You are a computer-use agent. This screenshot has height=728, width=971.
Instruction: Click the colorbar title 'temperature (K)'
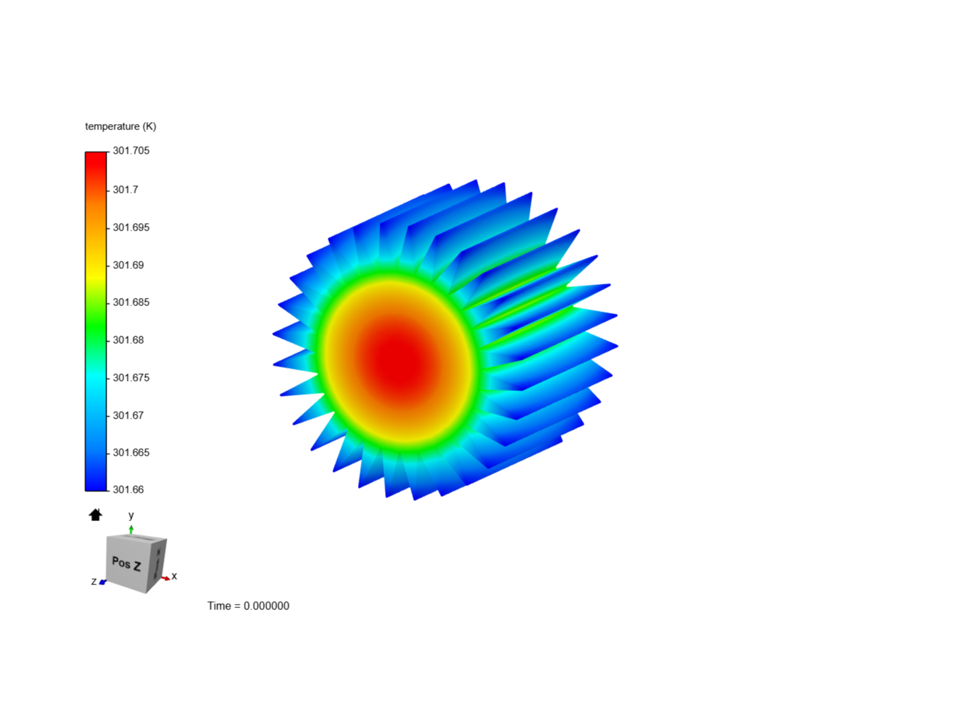120,127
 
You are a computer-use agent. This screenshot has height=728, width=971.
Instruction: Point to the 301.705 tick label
131,151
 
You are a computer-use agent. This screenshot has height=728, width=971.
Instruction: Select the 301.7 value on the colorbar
125,189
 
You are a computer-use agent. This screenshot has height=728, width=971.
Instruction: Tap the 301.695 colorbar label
131,227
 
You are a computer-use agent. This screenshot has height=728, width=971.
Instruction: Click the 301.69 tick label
128,265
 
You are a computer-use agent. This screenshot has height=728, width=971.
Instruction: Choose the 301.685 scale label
131,303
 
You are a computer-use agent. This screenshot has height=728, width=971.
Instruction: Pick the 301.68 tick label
128,340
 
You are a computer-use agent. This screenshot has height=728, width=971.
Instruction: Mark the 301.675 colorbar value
131,377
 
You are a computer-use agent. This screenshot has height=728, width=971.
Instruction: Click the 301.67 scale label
128,415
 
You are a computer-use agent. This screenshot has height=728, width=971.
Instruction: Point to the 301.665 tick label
131,452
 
